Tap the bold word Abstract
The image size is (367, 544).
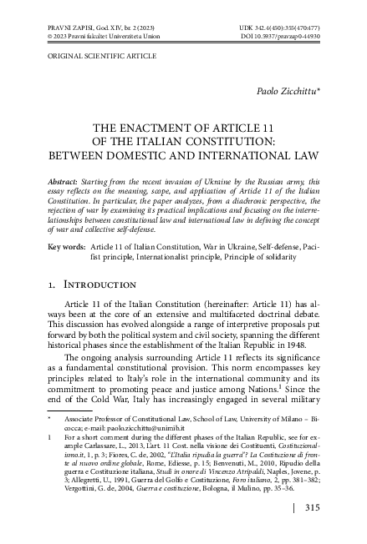click(62, 180)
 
